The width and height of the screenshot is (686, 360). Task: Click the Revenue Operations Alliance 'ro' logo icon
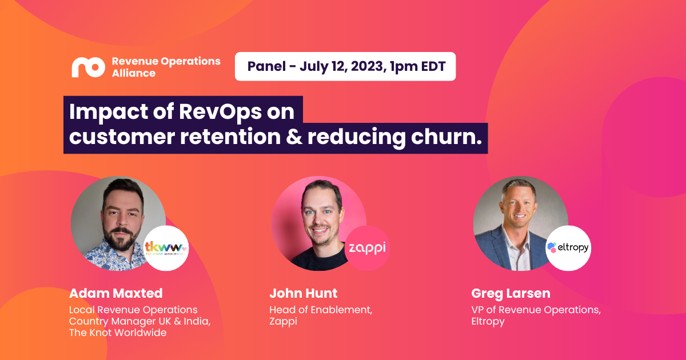88,67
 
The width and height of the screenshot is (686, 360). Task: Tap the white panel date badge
345,66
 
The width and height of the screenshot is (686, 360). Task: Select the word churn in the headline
446,137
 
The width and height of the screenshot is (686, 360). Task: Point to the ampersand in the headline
294,137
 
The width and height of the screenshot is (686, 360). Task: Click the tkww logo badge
166,248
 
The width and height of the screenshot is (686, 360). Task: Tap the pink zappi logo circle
367,248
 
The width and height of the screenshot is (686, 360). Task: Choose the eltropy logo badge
568,248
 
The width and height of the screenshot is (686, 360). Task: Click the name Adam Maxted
115,293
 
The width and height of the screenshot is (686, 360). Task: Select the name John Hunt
303,293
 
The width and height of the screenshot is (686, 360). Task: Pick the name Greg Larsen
511,294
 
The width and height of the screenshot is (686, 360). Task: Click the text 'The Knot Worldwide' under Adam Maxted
118,333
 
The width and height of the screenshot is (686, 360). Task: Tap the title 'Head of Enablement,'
321,310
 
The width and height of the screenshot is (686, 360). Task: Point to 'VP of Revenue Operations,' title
536,310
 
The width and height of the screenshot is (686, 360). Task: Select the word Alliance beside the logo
134,73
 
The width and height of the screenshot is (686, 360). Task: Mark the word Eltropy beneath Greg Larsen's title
488,321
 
